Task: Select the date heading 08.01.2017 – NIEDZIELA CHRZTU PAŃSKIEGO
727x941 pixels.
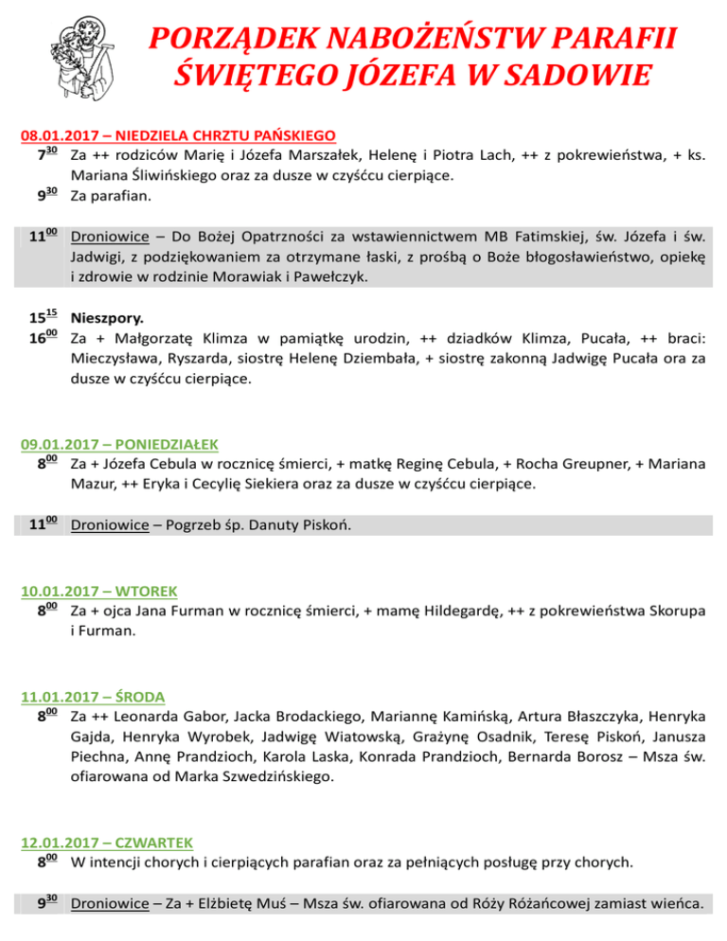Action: click(180, 135)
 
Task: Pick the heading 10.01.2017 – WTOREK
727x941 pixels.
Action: click(98, 592)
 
